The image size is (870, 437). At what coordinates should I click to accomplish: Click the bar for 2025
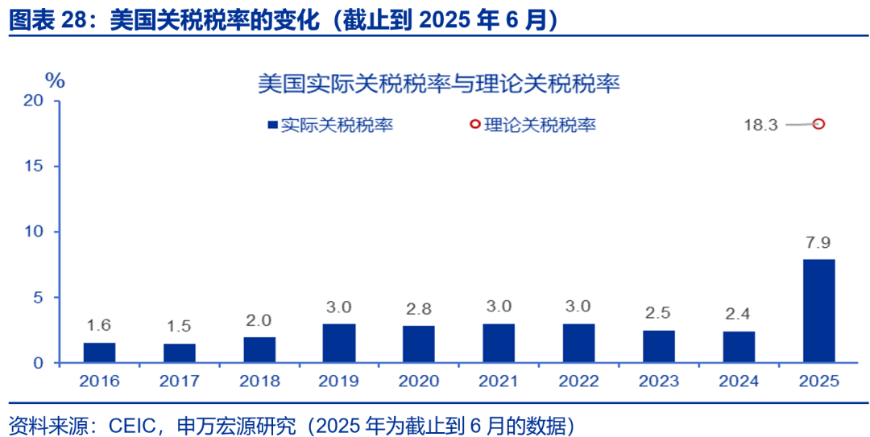(818, 311)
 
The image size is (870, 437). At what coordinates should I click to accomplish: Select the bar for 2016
(99, 352)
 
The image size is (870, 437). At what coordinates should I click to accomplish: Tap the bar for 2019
(339, 344)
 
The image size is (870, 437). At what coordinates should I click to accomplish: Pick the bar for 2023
(659, 346)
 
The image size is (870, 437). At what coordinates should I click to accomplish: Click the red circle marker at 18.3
(818, 124)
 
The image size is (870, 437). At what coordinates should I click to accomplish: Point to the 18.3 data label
(760, 125)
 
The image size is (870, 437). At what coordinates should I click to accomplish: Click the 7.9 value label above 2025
(818, 242)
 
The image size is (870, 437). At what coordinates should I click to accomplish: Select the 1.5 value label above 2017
(179, 326)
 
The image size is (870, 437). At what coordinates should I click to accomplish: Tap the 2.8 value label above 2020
(419, 309)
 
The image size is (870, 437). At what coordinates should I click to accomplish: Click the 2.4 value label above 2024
(739, 315)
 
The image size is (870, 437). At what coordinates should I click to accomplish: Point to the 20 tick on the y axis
(33, 101)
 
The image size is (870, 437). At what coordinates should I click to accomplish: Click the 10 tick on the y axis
(33, 232)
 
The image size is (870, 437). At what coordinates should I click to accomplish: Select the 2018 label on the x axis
(259, 381)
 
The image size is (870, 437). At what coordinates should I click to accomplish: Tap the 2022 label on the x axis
(579, 381)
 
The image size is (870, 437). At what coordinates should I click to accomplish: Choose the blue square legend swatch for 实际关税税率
(272, 125)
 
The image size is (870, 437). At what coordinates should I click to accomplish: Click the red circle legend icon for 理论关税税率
(474, 125)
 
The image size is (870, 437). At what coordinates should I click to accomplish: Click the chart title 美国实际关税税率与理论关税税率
(438, 83)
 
